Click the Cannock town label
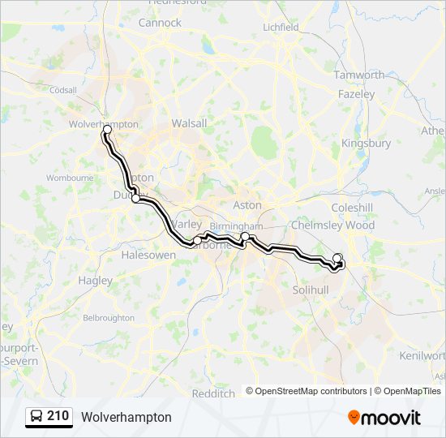click(160, 23)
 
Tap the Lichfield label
click(281, 27)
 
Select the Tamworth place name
click(359, 75)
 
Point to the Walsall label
click(189, 123)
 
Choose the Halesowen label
click(148, 255)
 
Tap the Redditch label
click(213, 393)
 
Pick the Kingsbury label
click(366, 144)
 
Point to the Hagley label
click(96, 281)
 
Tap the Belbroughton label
click(109, 317)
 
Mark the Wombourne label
click(70, 177)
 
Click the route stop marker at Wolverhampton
click(107, 130)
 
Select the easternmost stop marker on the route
click(337, 258)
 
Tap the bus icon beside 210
click(36, 417)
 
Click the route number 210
click(58, 416)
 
